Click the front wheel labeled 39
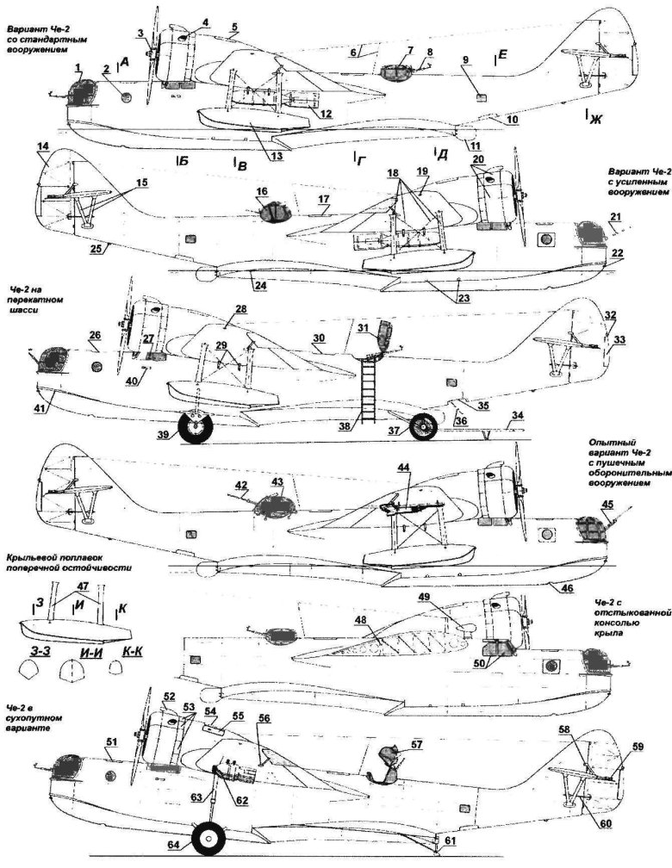[196, 425]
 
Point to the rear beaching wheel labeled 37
[422, 426]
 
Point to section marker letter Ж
[593, 120]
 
